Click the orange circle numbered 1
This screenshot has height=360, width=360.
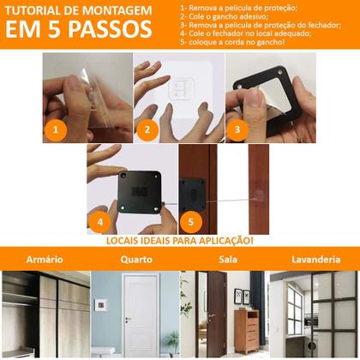[x=55, y=131]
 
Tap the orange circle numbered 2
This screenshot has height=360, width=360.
[x=147, y=131]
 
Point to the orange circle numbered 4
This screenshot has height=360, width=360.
[x=100, y=222]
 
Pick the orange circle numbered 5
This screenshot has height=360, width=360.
[x=191, y=222]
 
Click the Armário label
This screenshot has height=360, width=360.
[x=44, y=259]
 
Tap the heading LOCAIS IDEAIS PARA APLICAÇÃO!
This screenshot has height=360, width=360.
[x=180, y=241]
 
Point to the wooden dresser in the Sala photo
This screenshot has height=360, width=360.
[x=246, y=330]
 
